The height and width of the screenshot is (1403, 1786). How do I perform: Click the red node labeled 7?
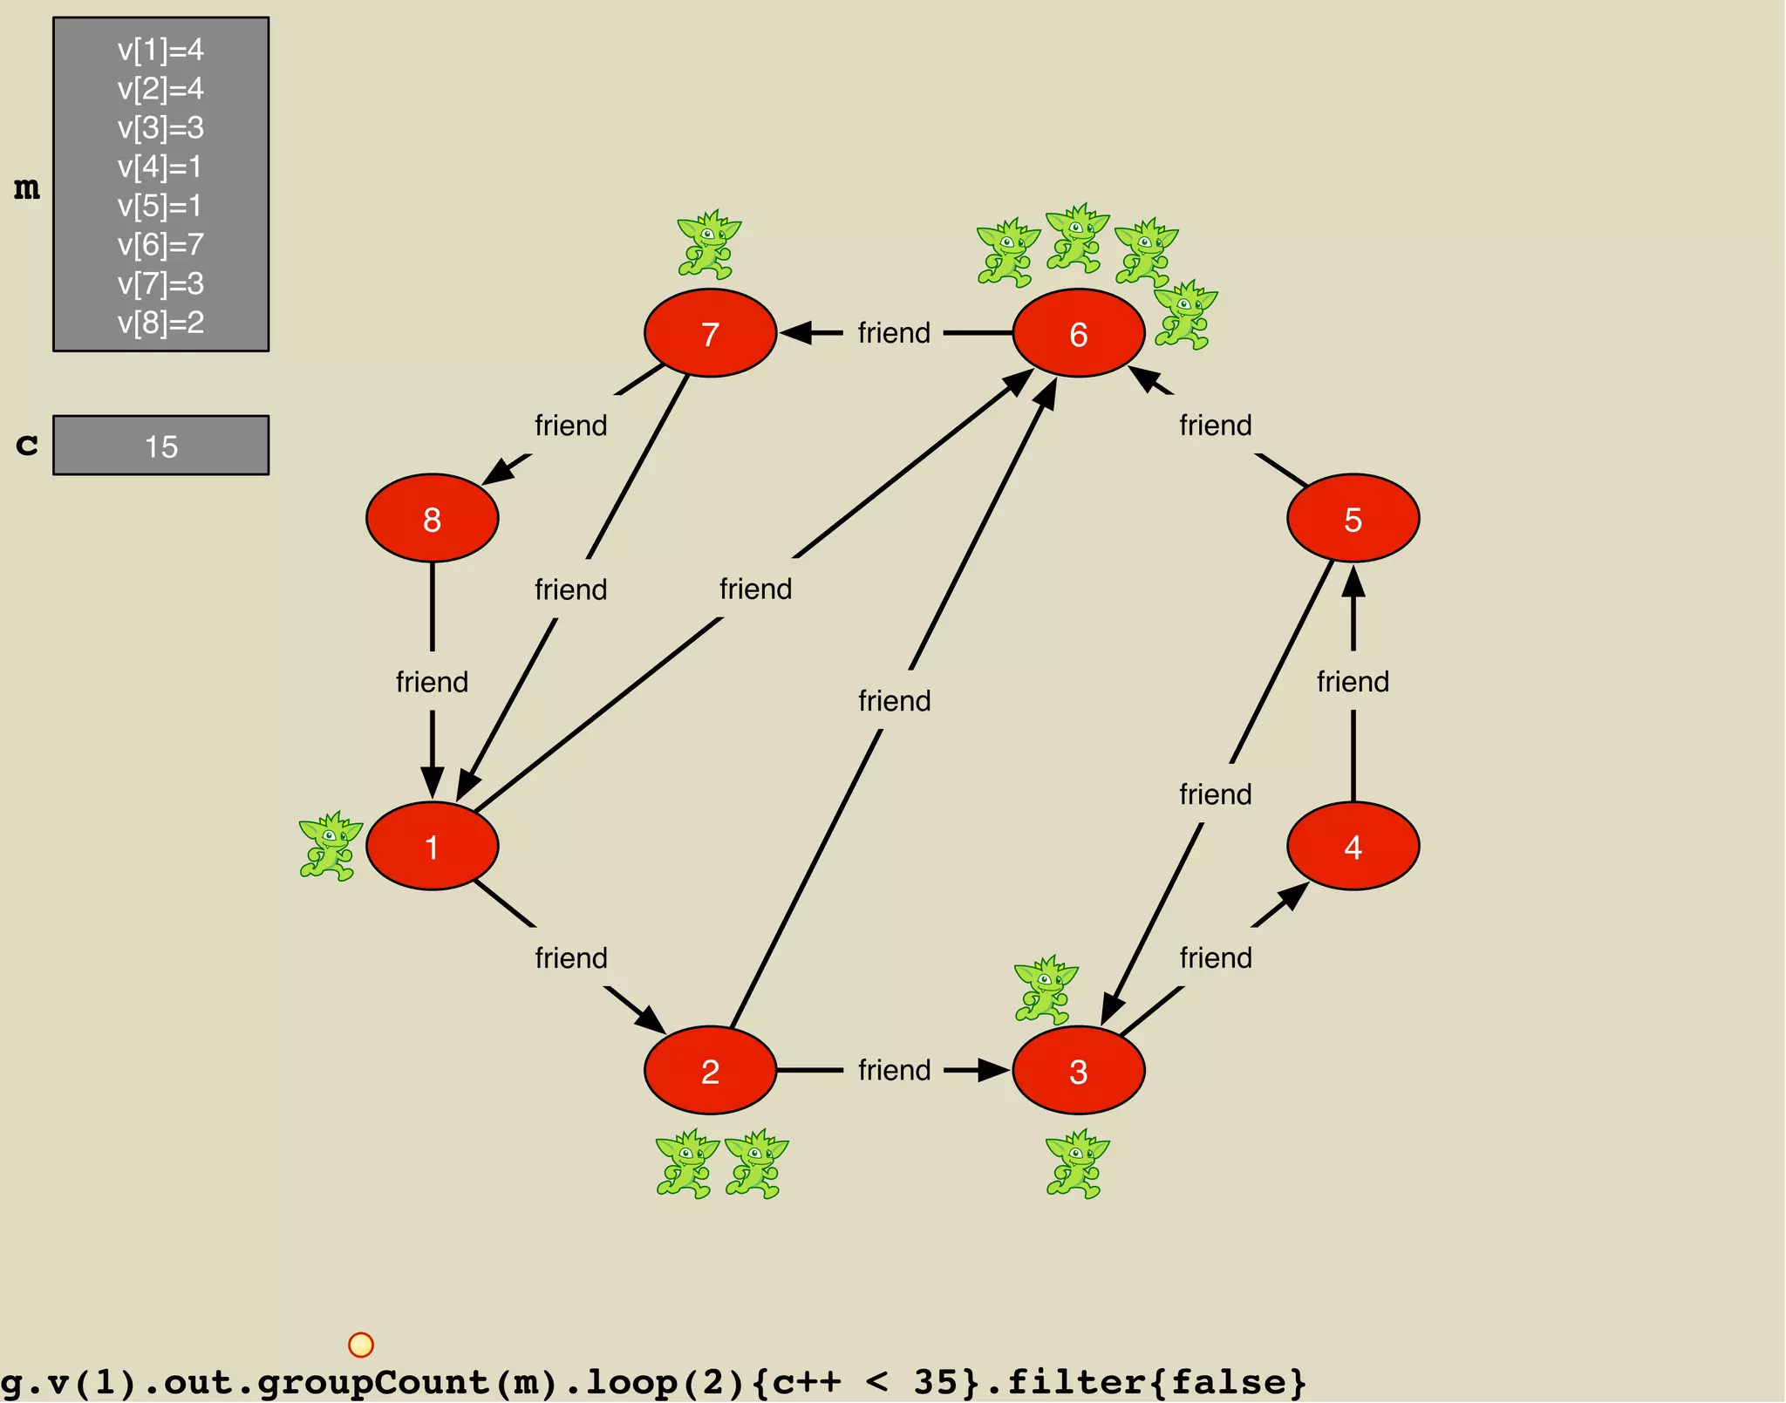point(710,333)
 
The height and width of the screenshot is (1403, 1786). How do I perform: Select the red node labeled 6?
point(1078,333)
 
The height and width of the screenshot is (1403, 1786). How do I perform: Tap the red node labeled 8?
point(432,518)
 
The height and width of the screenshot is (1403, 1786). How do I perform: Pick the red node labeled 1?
point(432,846)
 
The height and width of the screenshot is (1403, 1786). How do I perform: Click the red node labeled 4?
point(1353,846)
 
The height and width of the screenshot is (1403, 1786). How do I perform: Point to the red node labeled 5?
point(1353,518)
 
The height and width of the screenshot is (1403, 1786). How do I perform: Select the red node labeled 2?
point(710,1070)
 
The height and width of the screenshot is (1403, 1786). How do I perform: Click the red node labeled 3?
point(1078,1070)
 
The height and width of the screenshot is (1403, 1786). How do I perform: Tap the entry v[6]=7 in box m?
point(160,244)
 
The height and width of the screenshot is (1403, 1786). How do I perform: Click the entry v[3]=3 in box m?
point(160,127)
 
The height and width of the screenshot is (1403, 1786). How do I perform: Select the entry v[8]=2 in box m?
point(160,322)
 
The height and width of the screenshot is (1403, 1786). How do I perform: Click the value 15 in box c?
point(161,446)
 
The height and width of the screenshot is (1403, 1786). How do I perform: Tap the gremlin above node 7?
point(708,245)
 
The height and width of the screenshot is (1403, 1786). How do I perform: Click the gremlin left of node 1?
point(330,846)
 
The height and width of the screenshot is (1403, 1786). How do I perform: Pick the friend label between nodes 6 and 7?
point(894,333)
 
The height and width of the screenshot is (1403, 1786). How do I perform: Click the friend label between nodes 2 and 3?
point(894,1070)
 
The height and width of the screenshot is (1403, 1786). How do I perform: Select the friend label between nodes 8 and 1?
point(432,681)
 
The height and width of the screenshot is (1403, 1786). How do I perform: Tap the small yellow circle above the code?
point(360,1345)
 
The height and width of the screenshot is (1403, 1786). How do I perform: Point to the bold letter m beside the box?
point(27,187)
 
